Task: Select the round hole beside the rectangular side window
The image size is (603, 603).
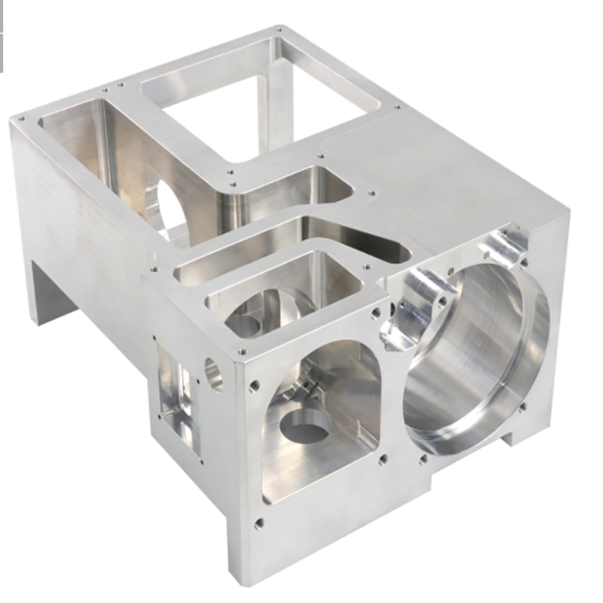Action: tap(215, 373)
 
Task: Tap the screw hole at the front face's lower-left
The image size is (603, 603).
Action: tap(258, 521)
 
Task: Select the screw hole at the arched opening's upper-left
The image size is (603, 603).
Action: tap(254, 384)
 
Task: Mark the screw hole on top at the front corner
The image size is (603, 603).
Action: tap(241, 352)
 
